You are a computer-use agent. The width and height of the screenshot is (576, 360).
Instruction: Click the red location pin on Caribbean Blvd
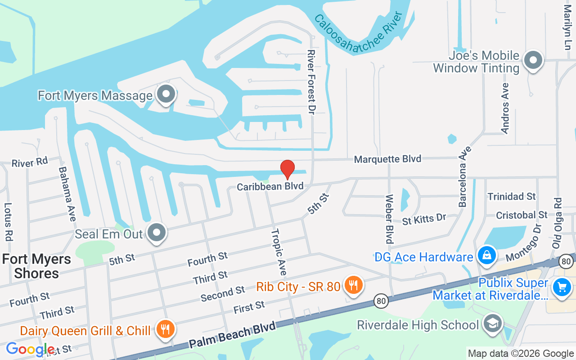coord(288,169)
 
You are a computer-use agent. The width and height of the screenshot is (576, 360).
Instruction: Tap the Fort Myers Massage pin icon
coord(166,94)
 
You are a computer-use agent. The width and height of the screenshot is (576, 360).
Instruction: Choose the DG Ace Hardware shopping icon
coord(486,256)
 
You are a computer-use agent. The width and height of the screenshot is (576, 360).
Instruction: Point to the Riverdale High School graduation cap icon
coord(492,324)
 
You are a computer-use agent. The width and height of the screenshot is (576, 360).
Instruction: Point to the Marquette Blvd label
coord(387,159)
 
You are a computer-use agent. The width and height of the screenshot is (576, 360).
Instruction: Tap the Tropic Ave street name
coord(279,252)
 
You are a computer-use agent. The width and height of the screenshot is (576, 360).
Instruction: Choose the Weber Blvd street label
coord(389,219)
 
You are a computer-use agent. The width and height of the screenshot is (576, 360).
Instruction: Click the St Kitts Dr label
coord(424,219)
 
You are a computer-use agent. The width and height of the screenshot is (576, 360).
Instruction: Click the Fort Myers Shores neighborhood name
coord(36,266)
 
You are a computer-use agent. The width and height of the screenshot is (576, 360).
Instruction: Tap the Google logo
coord(30,349)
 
